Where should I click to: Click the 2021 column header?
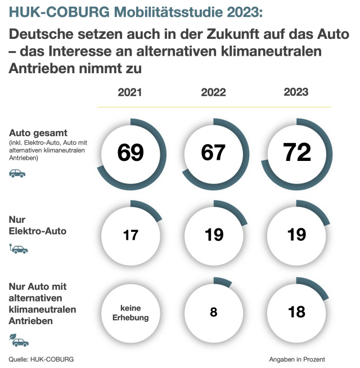pyautogui.click(x=130, y=93)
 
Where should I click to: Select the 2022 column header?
pyautogui.click(x=213, y=93)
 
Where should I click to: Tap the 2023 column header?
pyautogui.click(x=296, y=93)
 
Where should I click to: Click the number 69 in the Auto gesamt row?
pyautogui.click(x=130, y=153)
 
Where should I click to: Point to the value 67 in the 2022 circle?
pyautogui.click(x=213, y=153)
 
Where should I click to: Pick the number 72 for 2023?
pyautogui.click(x=296, y=153)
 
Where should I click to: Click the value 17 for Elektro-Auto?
pyautogui.click(x=130, y=235)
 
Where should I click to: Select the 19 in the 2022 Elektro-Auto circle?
pyautogui.click(x=214, y=235)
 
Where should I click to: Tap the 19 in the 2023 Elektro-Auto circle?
pyautogui.click(x=296, y=235)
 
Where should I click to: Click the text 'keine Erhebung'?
pyautogui.click(x=130, y=312)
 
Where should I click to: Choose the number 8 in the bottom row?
pyautogui.click(x=214, y=312)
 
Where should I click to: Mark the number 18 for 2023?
pyautogui.click(x=296, y=312)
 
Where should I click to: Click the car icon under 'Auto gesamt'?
pyautogui.click(x=17, y=174)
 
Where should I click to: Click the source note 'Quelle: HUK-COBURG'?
pyautogui.click(x=41, y=359)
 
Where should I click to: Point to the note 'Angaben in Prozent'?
pyautogui.click(x=297, y=359)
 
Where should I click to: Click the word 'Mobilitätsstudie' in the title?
pyautogui.click(x=157, y=12)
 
